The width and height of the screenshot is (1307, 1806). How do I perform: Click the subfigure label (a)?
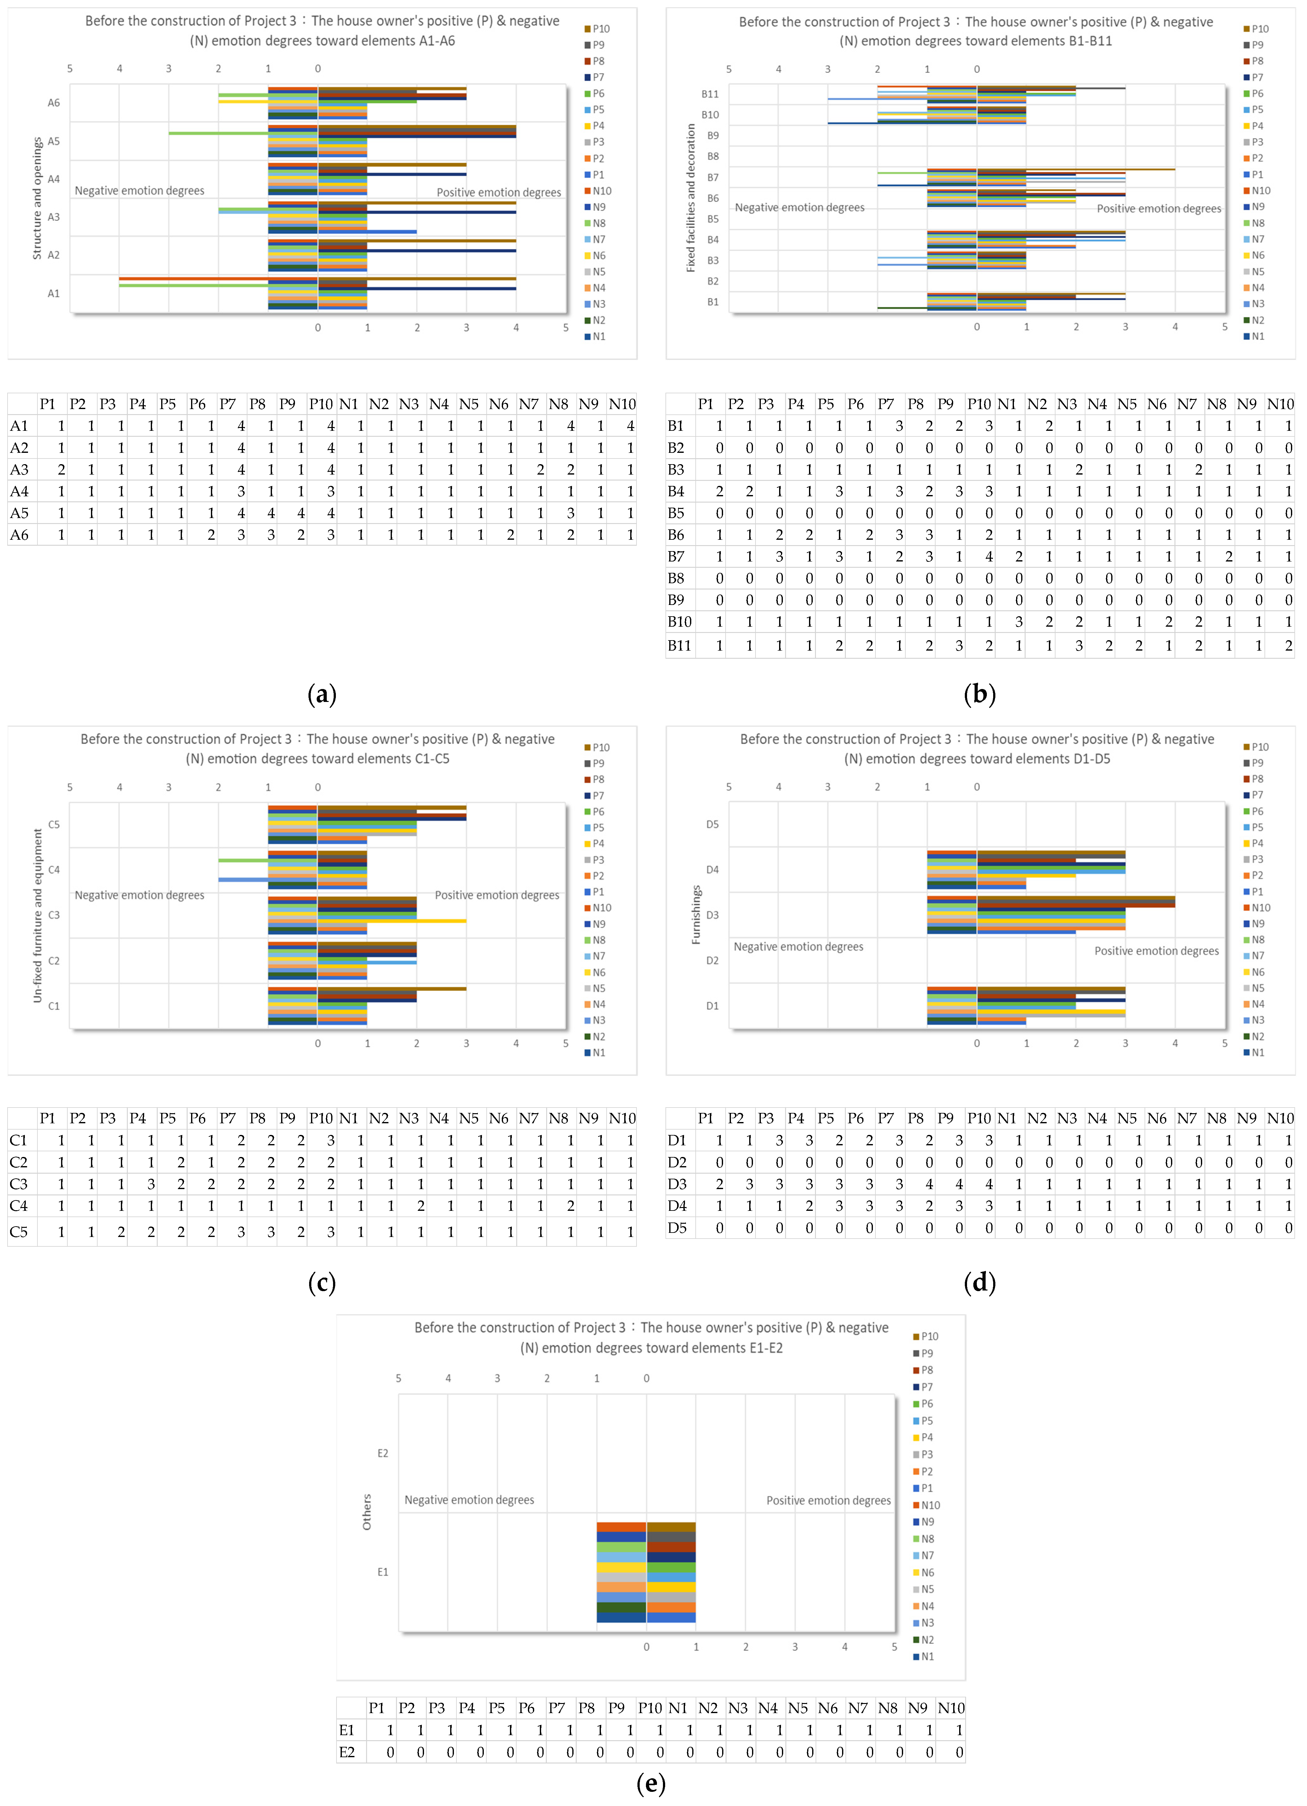pos(322,695)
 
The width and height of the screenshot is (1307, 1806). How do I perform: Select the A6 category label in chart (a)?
pos(53,103)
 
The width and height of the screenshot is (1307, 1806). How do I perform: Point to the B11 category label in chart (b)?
pos(710,94)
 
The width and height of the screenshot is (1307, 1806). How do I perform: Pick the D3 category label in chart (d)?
pos(712,915)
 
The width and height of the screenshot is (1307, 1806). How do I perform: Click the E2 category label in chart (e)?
pos(383,1453)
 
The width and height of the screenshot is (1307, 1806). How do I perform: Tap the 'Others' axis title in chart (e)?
pos(367,1511)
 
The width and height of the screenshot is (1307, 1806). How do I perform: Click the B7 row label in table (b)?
pos(676,557)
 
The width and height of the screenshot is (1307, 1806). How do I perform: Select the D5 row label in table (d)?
pos(677,1228)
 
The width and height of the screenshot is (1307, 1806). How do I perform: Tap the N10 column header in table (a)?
pos(622,404)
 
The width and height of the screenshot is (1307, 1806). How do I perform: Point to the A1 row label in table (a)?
pos(19,426)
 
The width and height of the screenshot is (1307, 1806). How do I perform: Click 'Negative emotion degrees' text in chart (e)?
pos(469,1500)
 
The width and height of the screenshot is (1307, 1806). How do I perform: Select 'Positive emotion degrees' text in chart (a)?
pos(498,193)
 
